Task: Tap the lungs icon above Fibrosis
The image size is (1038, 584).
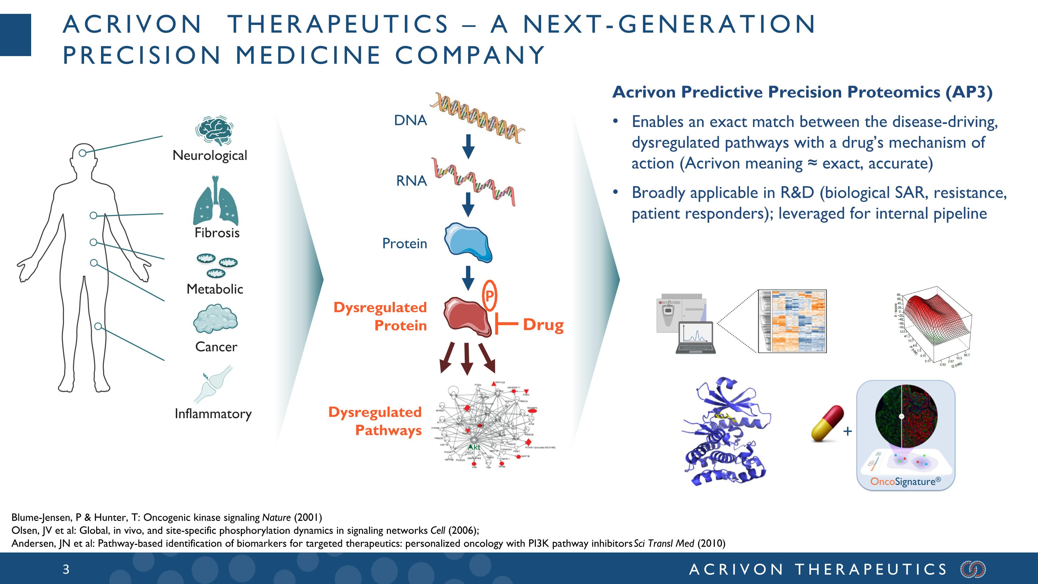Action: click(x=216, y=201)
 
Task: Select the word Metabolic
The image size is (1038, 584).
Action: click(x=215, y=289)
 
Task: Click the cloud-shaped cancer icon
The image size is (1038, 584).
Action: click(x=215, y=319)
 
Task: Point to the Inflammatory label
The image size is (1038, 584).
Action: click(x=213, y=414)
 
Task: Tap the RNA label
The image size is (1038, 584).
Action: click(x=411, y=181)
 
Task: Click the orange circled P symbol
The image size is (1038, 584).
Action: click(x=489, y=296)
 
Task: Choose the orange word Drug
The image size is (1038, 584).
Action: click(x=543, y=324)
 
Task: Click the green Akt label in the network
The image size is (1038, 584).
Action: click(x=474, y=447)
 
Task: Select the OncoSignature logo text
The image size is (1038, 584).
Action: click(x=905, y=481)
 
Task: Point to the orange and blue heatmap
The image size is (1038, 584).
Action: click(x=792, y=321)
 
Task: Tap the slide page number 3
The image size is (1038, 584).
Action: click(x=66, y=569)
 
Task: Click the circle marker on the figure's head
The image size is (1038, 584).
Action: click(x=83, y=153)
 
